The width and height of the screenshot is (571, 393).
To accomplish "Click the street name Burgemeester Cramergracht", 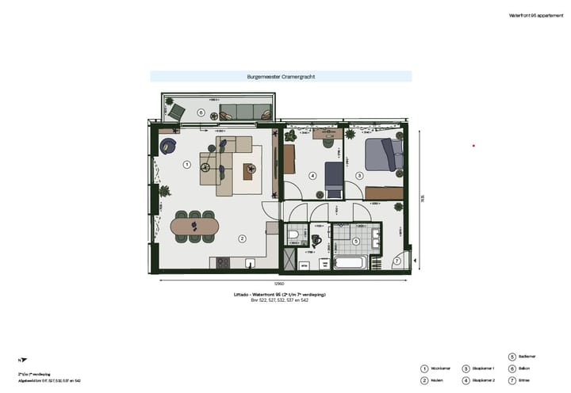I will point(281,77).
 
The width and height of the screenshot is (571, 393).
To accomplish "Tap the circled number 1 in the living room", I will point(186,165).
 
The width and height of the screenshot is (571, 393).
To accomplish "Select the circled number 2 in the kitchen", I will point(243,238).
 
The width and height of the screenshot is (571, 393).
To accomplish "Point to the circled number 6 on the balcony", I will point(201,113).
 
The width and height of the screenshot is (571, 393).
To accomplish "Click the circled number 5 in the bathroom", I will point(356,241).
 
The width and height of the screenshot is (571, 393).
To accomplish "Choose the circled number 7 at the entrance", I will point(397,261).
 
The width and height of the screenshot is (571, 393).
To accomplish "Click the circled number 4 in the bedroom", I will point(312,176).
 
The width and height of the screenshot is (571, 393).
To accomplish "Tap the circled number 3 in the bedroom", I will point(358,175).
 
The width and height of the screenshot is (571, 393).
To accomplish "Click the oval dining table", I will point(194,227).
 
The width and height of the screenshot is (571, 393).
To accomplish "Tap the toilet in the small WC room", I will point(293,235).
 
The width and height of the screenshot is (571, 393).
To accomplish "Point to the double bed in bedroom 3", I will point(382,155).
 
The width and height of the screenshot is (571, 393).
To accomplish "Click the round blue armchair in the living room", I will point(168,146).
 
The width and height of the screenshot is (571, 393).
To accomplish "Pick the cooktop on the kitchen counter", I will point(222,263).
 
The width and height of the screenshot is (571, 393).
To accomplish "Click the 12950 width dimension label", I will point(280,283).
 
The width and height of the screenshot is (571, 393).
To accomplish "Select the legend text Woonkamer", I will point(440,368).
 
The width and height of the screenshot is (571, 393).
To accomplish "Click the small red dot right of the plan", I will point(473,146).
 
